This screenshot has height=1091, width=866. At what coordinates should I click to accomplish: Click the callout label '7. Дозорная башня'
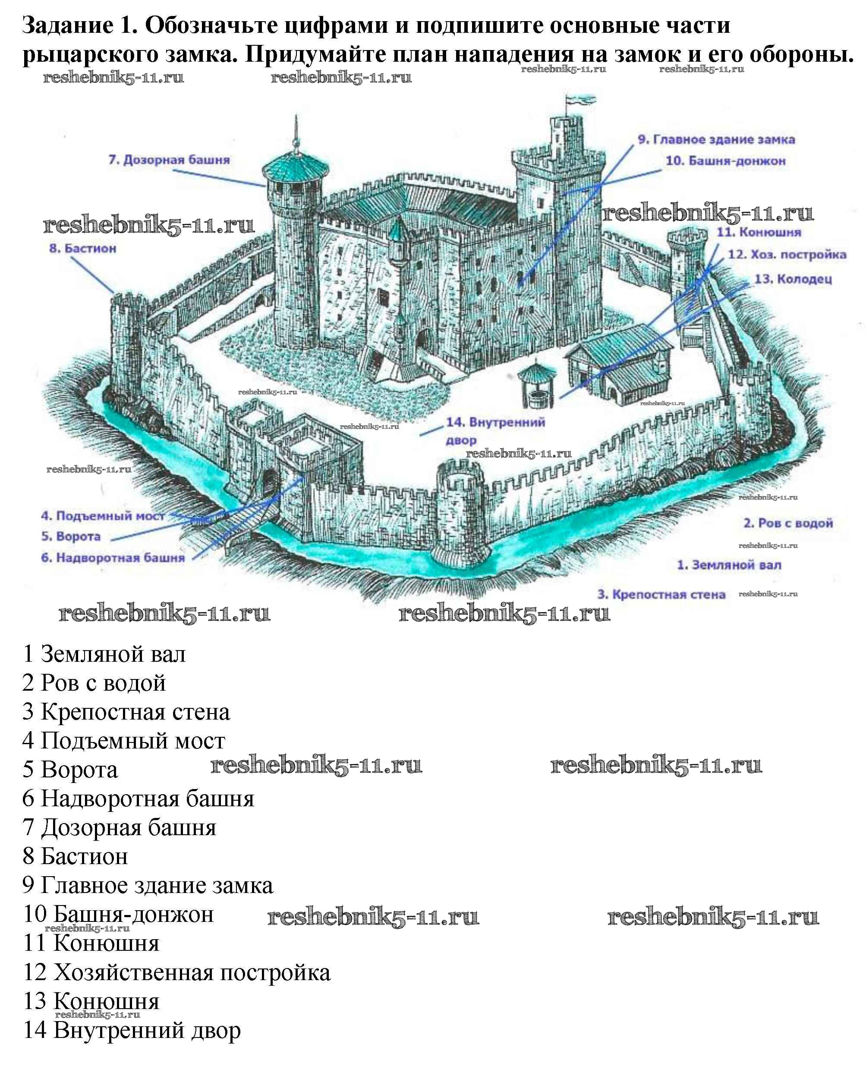coord(169,160)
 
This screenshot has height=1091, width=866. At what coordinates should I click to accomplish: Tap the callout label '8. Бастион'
coord(82,248)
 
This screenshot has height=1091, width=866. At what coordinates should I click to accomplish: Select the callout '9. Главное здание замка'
coord(716,140)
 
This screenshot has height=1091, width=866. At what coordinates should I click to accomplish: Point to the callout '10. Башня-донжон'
coord(726,161)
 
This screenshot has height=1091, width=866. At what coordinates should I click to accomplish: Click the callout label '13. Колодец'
coord(793,279)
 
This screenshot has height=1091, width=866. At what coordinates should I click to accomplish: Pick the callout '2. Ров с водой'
coord(788,523)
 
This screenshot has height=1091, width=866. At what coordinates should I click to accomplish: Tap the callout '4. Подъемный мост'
coord(103,516)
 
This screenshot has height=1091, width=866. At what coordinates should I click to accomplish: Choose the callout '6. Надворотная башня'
coord(113,558)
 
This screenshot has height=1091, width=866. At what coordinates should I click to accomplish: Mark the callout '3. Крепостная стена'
coord(661,594)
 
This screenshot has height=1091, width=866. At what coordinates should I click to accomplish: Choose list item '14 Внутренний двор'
coord(132,1030)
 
